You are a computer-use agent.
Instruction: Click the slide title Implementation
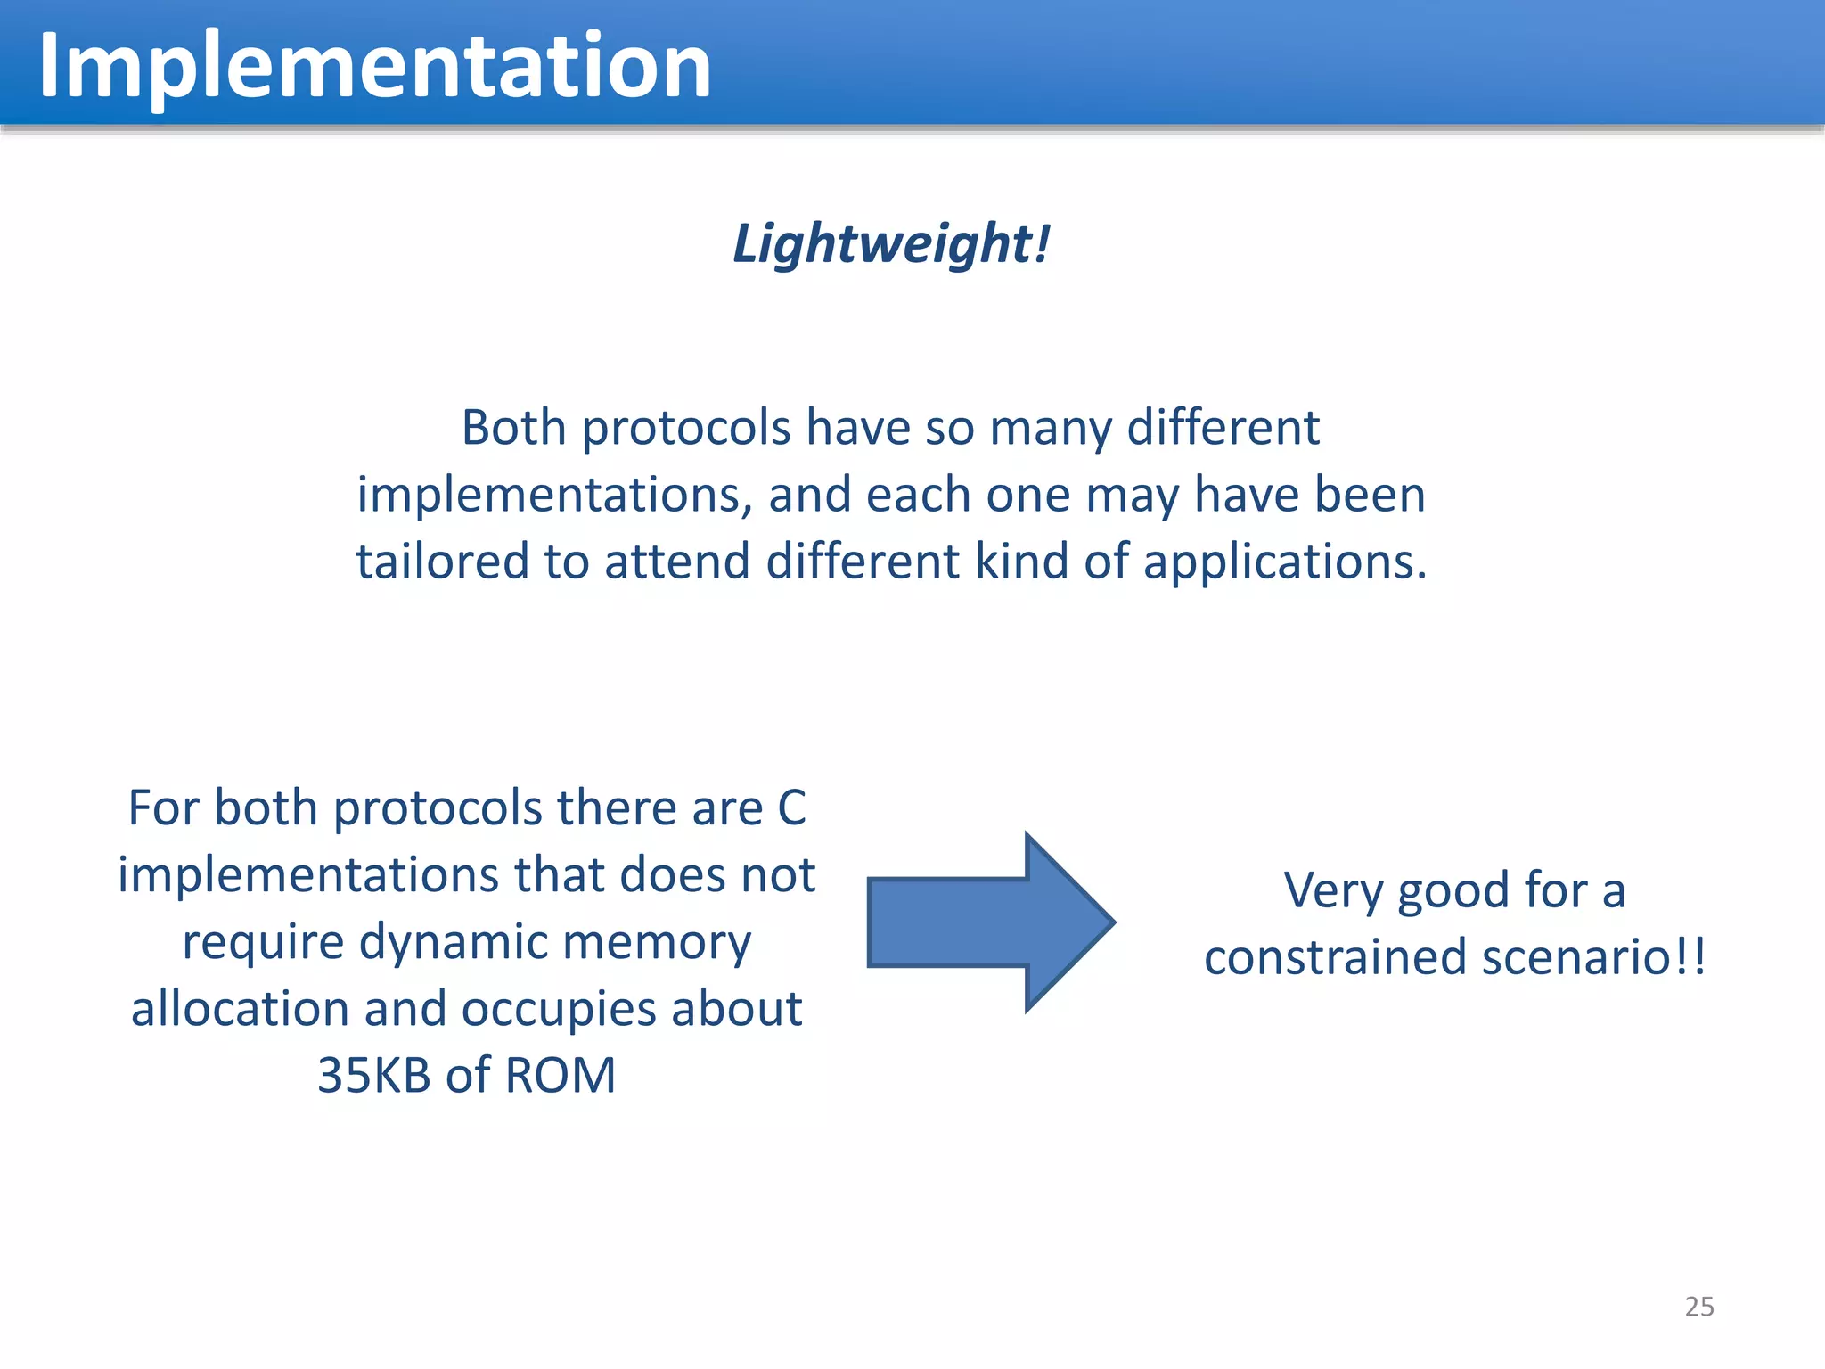pos(374,66)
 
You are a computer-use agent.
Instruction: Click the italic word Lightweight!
pos(891,243)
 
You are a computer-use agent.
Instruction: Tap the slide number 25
pos(1698,1307)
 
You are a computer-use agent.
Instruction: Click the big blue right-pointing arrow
pos(989,922)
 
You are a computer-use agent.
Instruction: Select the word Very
pos(1333,891)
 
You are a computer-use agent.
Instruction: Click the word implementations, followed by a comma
pos(554,496)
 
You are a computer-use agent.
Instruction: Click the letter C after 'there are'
pos(791,808)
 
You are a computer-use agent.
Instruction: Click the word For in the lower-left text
pos(164,808)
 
